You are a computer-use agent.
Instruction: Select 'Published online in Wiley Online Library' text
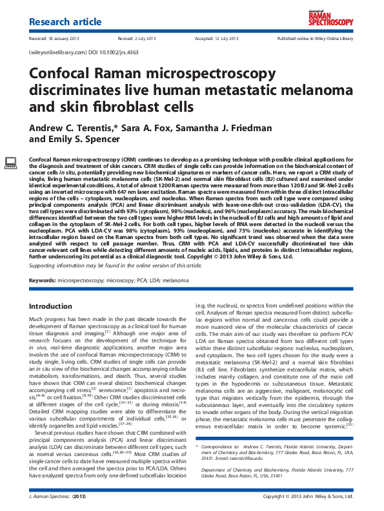coord(315,39)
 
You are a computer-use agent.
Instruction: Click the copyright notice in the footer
coord(308,497)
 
